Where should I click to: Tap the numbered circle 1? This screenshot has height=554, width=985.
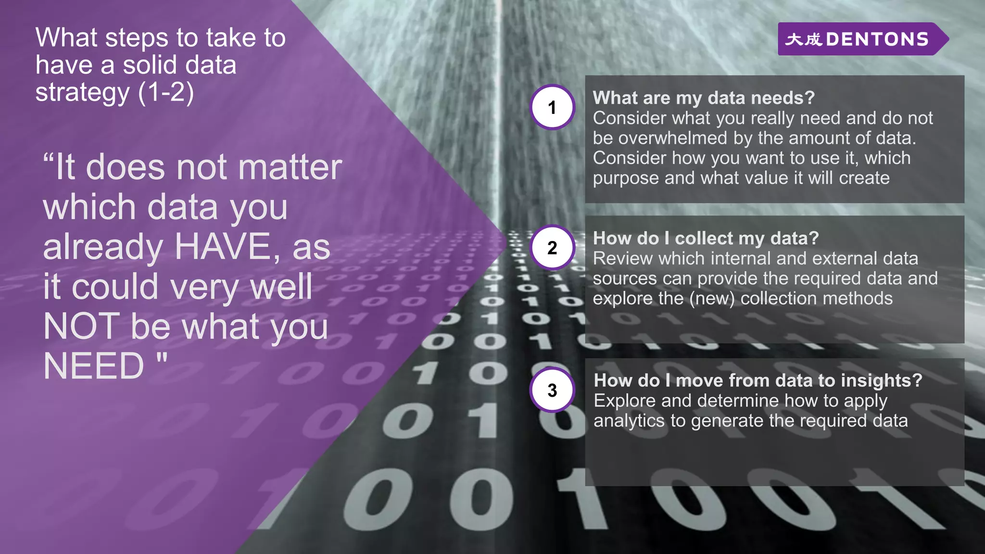[552, 107]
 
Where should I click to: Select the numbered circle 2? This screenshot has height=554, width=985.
[552, 248]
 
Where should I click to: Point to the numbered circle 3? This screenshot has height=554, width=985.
[552, 390]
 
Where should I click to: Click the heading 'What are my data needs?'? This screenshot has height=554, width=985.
[703, 98]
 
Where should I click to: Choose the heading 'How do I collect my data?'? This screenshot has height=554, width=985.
[705, 239]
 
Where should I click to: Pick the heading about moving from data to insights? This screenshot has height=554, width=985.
[758, 381]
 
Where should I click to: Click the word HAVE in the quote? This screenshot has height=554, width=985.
[223, 247]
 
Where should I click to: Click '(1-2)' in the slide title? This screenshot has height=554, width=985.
[166, 92]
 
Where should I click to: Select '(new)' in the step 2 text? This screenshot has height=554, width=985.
[712, 299]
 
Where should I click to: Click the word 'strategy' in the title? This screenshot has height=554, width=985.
[82, 93]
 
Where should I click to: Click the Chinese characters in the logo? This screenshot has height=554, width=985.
[803, 39]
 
